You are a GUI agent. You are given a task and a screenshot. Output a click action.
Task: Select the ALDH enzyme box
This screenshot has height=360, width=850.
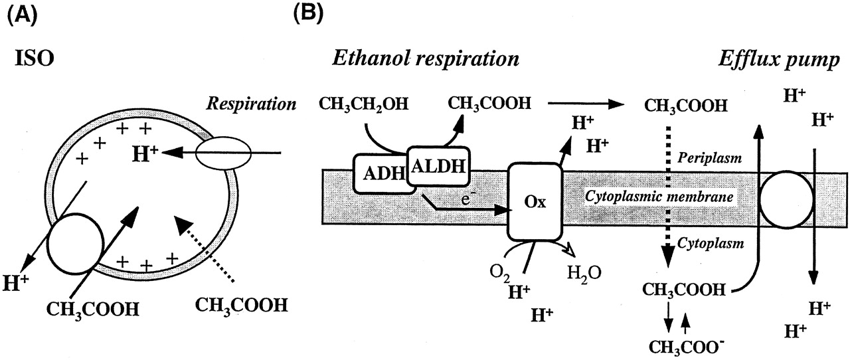tap(438, 165)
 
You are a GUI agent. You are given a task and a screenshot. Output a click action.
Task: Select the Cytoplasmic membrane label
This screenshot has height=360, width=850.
tap(657, 198)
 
